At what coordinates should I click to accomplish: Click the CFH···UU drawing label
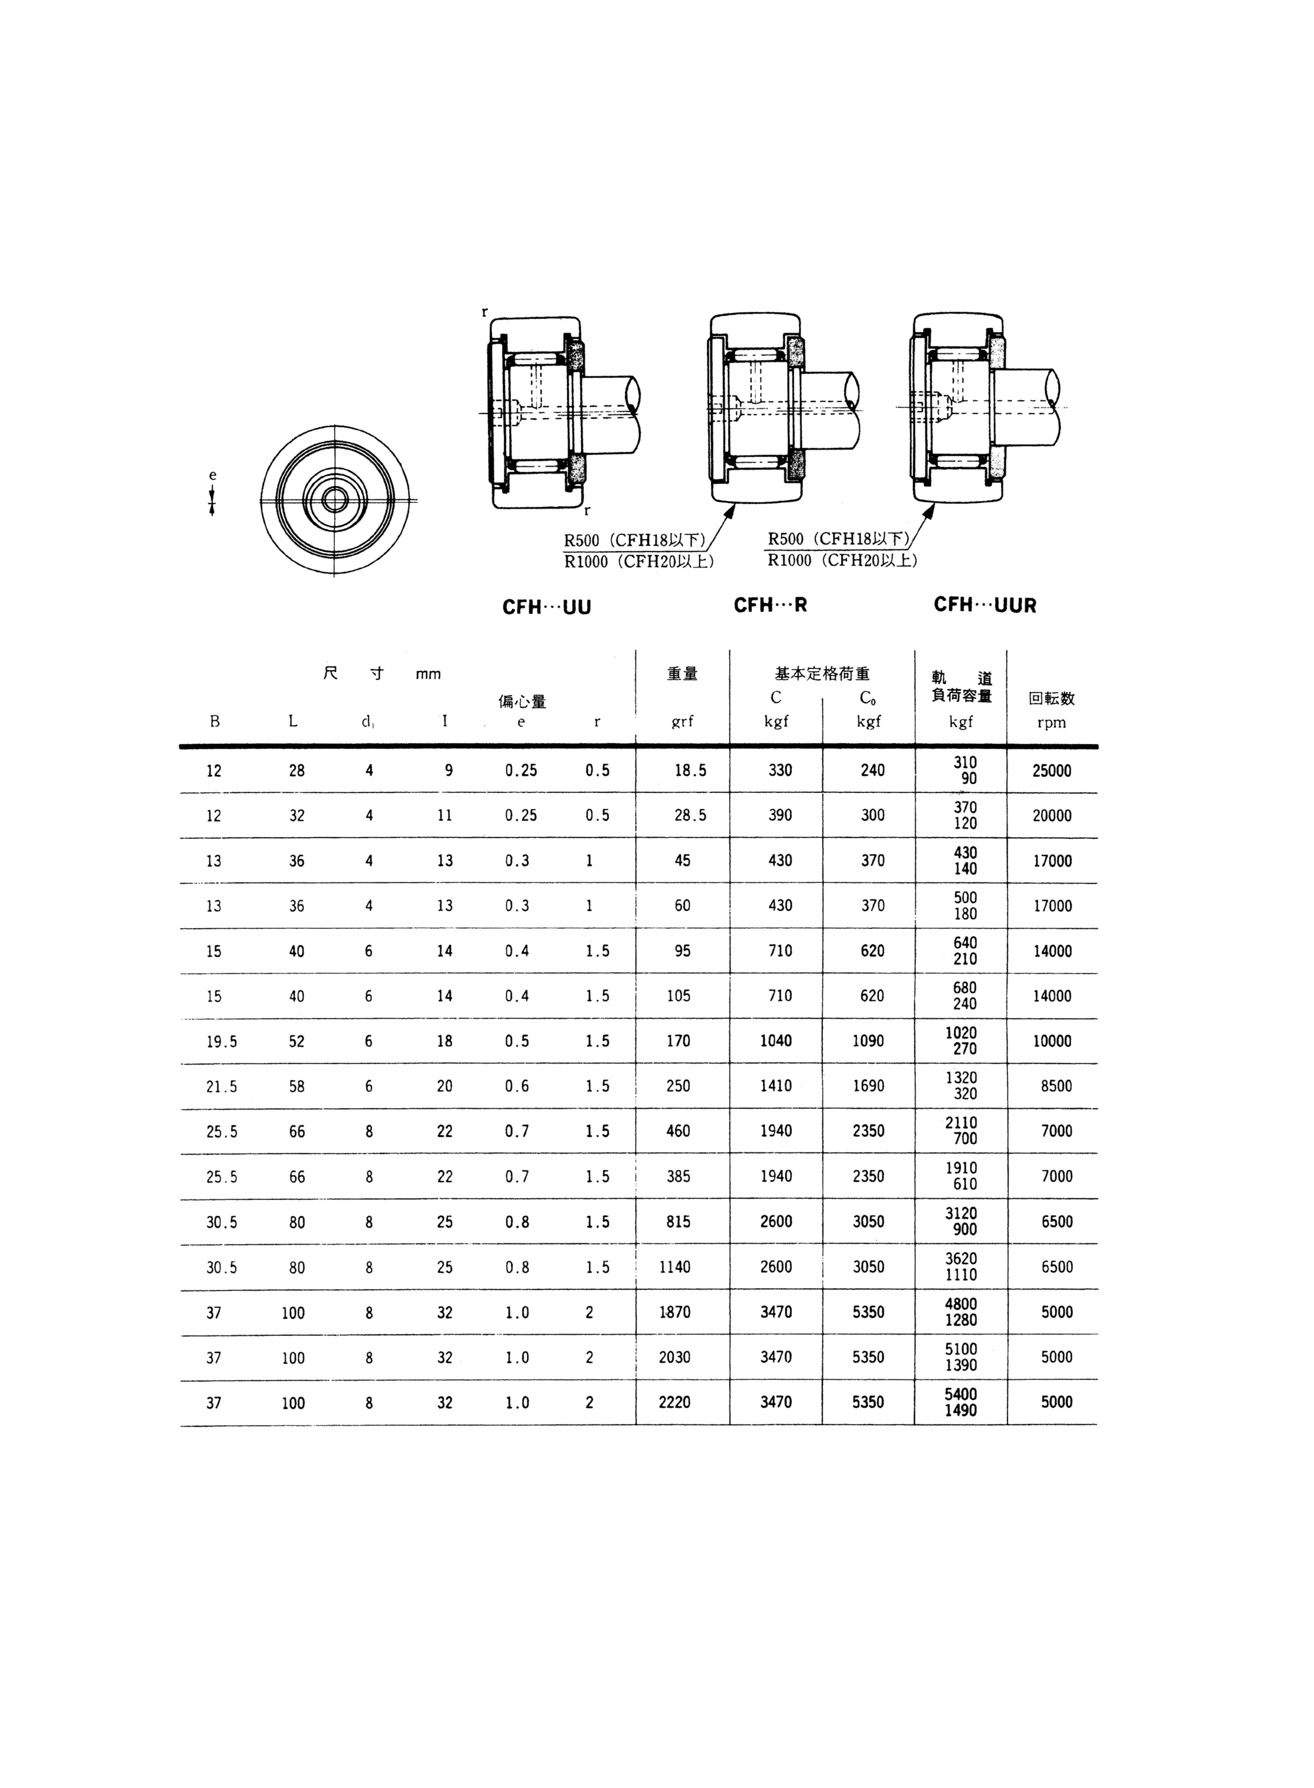tap(546, 607)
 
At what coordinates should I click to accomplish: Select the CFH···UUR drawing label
tap(985, 605)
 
